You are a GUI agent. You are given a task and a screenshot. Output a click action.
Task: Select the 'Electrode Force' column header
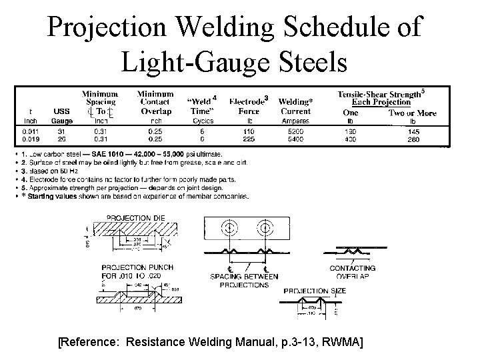pyautogui.click(x=249, y=106)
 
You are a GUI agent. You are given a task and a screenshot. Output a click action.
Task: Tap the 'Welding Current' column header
pyautogui.click(x=295, y=106)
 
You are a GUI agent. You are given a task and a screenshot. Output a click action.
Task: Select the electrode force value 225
pyautogui.click(x=249, y=140)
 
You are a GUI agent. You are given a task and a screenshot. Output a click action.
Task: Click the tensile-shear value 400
pyautogui.click(x=349, y=140)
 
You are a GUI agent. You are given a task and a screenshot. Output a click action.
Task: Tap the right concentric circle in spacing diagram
pyautogui.click(x=265, y=229)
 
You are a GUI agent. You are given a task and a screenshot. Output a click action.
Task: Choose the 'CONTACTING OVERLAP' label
pyautogui.click(x=353, y=271)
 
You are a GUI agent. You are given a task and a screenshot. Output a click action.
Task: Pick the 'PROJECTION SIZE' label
pyautogui.click(x=315, y=291)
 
